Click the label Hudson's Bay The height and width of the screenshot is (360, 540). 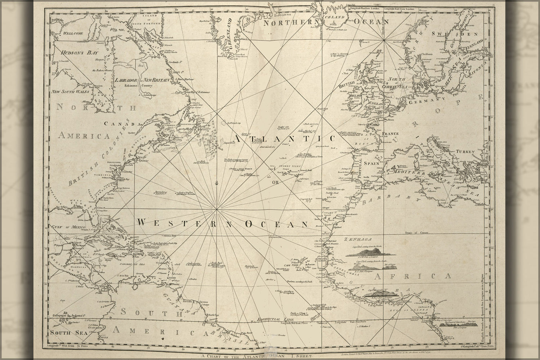[x=69, y=53]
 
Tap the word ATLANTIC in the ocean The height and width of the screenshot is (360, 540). [x=284, y=139]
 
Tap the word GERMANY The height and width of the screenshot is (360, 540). [x=426, y=102]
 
